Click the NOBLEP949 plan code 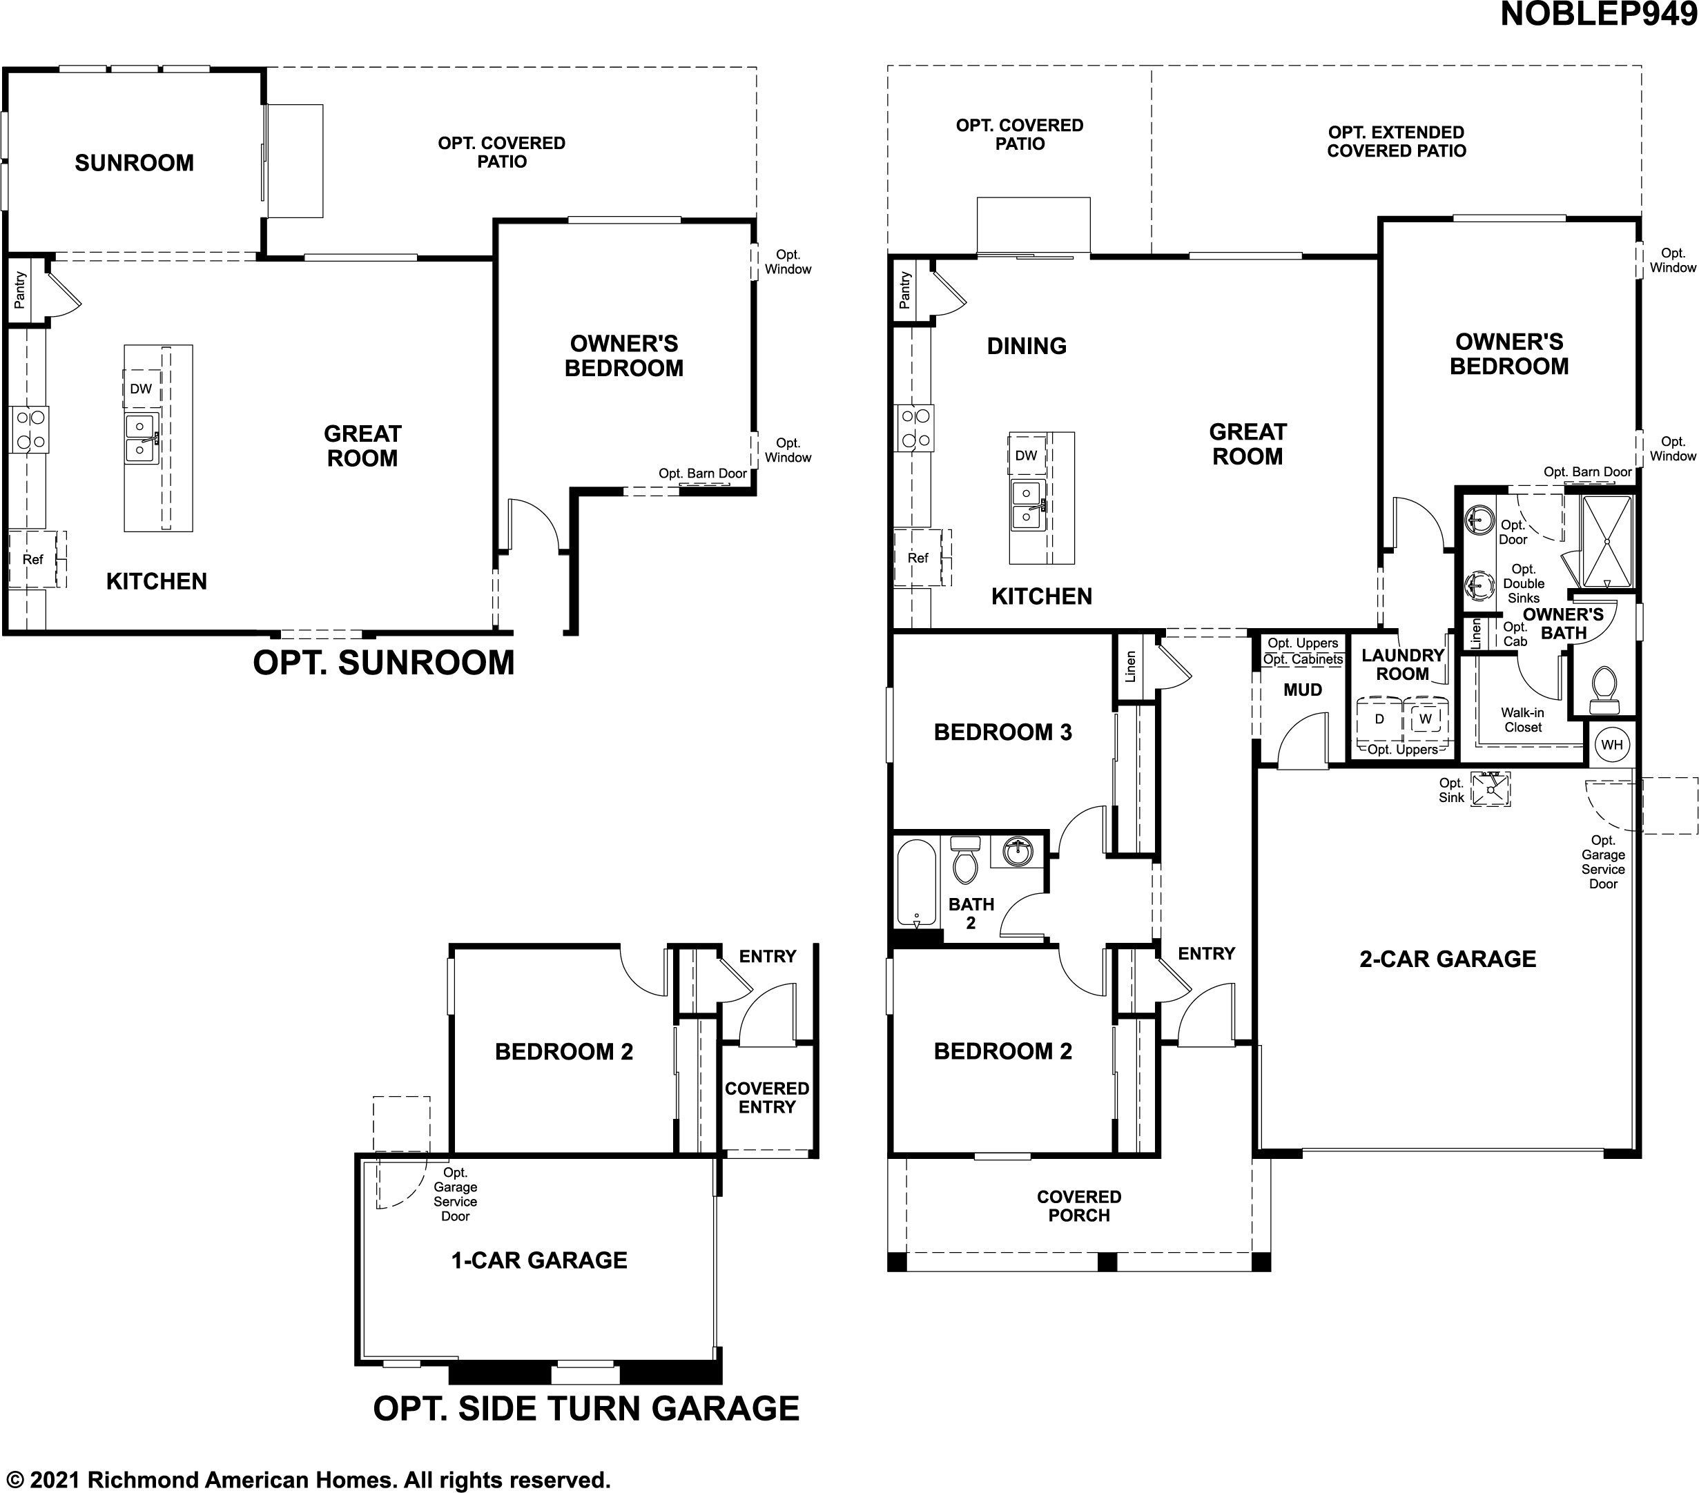[x=1598, y=15]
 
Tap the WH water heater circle [x=1612, y=745]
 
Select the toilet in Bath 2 [x=965, y=859]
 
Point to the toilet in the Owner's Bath [x=1604, y=690]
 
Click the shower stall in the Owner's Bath [x=1606, y=541]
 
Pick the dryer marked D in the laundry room [x=1379, y=720]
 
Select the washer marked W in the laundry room [x=1426, y=720]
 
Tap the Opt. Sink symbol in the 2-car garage [x=1490, y=789]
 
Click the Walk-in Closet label [x=1523, y=720]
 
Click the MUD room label [x=1303, y=690]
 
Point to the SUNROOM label [x=134, y=163]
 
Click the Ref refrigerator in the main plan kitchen [x=918, y=558]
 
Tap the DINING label [x=1027, y=346]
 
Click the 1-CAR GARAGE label [x=538, y=1260]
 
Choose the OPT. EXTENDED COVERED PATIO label [x=1397, y=142]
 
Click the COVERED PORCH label [x=1079, y=1207]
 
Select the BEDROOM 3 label [x=1002, y=732]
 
